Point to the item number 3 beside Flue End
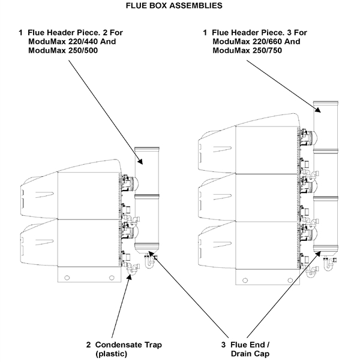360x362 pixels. click(x=223, y=345)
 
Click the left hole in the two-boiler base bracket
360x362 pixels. click(x=67, y=276)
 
